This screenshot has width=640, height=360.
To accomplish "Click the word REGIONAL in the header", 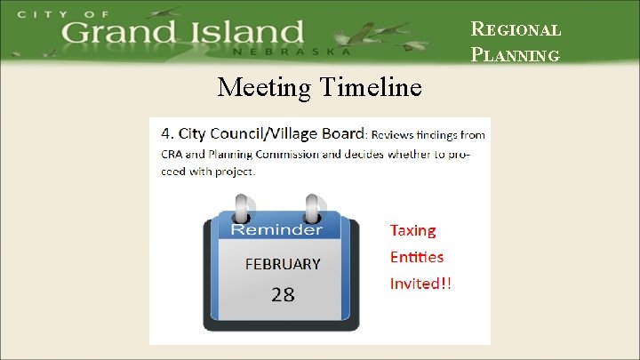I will pos(516,29).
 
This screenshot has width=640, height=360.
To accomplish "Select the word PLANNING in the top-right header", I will pos(516,55).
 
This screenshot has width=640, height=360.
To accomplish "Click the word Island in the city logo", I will pos(250,33).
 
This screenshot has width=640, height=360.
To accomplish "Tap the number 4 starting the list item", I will pos(165,134).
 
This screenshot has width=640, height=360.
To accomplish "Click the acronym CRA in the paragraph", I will pos(172,153).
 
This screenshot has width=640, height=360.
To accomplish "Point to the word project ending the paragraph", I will pos(234,171).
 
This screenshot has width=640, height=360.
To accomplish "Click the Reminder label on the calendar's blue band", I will pos(276,229).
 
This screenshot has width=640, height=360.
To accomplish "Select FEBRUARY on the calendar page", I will pos(282,264).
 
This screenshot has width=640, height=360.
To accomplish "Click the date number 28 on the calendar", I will pos(283,294).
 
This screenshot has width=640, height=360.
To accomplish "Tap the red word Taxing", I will pos(413,231).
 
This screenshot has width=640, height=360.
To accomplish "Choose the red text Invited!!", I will pos(420,284).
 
